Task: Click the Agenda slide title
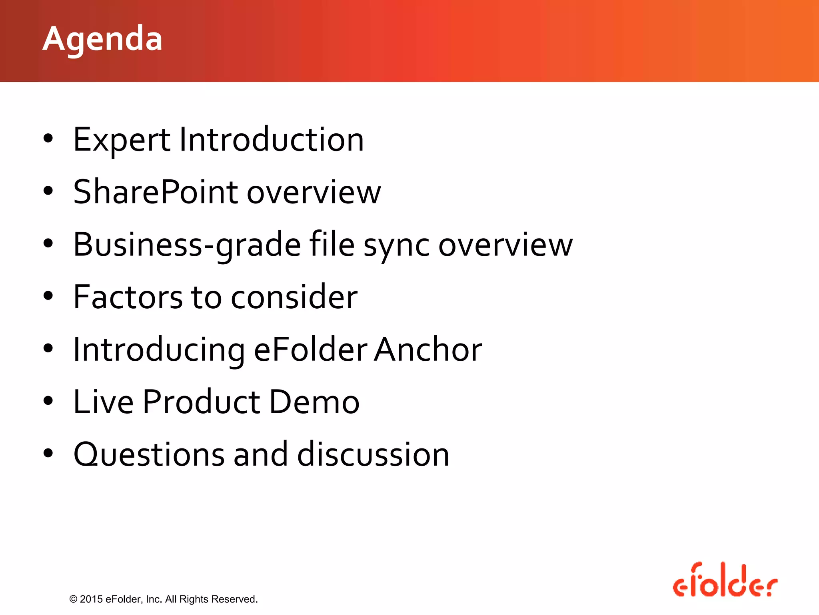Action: coord(102,39)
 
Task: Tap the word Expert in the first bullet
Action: coord(122,140)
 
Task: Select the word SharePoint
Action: coord(156,192)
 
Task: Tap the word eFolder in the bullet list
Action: coord(310,350)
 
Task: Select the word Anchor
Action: coord(428,350)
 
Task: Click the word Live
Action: coord(103,402)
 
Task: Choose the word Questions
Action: coord(149,455)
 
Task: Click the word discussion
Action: coord(373,455)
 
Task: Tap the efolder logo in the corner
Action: coord(725,581)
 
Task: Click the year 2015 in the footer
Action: coord(91,599)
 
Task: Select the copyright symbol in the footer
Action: coord(73,599)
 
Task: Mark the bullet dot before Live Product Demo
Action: coord(48,401)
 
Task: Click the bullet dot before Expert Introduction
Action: coord(48,139)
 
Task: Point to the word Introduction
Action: coord(272,140)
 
